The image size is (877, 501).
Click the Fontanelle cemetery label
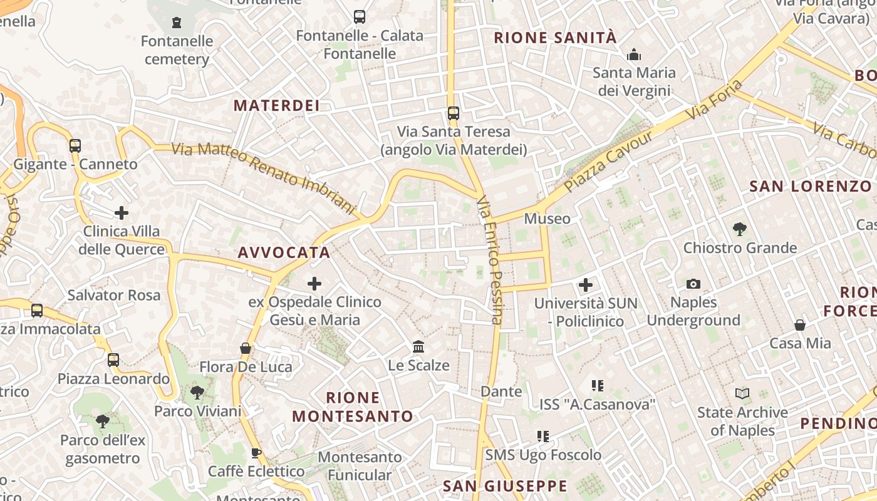(177, 50)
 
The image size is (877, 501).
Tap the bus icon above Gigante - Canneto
(75, 146)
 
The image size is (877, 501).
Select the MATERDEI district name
(276, 105)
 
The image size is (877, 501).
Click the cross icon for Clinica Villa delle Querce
(122, 213)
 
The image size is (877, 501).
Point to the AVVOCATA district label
(284, 252)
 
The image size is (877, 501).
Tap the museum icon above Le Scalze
(418, 346)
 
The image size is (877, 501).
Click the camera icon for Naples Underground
(693, 284)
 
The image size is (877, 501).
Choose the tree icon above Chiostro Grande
(740, 229)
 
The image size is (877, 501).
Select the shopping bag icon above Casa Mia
(800, 325)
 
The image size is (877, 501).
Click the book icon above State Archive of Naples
(742, 394)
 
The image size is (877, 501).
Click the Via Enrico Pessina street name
(489, 260)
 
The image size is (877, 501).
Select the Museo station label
(547, 219)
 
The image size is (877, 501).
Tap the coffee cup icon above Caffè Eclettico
(256, 453)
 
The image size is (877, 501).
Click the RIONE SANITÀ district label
(555, 38)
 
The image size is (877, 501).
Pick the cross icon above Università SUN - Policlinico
(586, 286)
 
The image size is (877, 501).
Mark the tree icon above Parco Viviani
(197, 393)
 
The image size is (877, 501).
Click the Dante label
(501, 391)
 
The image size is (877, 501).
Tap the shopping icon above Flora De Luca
(246, 348)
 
